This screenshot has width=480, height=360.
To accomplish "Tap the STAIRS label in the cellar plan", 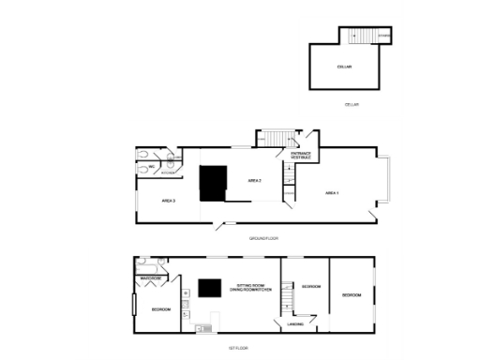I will tap(383, 37).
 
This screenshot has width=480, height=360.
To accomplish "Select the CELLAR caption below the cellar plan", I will tap(352, 104).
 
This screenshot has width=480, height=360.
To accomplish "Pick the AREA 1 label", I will tap(331, 192).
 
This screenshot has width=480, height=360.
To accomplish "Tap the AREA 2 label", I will tap(254, 180).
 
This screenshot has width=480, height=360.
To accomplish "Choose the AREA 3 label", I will tap(168, 201).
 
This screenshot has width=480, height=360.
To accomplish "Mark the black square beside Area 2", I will tap(214, 182).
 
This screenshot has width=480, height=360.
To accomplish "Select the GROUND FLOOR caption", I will tap(264, 238).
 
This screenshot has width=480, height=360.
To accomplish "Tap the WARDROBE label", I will tap(152, 278).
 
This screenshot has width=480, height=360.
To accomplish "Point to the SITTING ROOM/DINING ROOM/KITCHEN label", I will tap(253, 287).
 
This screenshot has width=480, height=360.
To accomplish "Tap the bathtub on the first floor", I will tap(150, 264).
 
